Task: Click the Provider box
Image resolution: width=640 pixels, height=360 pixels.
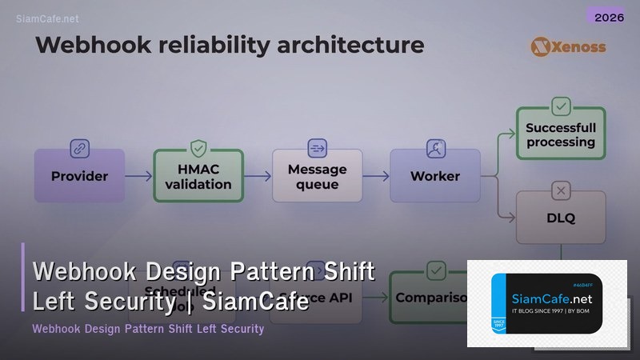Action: tap(79, 176)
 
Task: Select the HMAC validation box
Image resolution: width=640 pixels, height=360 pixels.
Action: tap(198, 176)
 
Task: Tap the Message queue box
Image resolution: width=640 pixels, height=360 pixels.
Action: tap(318, 176)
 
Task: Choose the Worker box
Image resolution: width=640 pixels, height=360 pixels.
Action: tap(434, 176)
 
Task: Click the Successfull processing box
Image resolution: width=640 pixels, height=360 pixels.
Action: tap(560, 134)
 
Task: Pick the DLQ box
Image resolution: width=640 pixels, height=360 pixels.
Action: tap(560, 217)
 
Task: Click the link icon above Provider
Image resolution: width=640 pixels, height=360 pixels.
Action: tap(79, 148)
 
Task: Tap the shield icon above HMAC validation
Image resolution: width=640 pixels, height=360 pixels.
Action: tap(198, 148)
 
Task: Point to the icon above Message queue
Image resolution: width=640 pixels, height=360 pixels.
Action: tap(318, 148)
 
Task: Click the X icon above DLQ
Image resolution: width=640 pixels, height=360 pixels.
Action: tap(560, 190)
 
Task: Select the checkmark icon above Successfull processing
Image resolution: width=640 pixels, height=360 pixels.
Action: tap(560, 106)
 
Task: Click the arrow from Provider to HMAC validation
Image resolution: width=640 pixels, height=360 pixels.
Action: tap(138, 176)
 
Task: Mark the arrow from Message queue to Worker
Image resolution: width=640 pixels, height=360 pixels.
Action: tap(375, 176)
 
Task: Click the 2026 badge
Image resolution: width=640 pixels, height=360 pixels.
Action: tap(605, 16)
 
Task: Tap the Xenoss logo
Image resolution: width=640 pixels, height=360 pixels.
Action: tap(568, 46)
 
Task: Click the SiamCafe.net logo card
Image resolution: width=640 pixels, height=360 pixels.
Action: tap(546, 304)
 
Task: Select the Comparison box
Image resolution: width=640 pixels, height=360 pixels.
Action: tap(432, 298)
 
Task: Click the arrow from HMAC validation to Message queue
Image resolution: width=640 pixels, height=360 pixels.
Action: tap(257, 176)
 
